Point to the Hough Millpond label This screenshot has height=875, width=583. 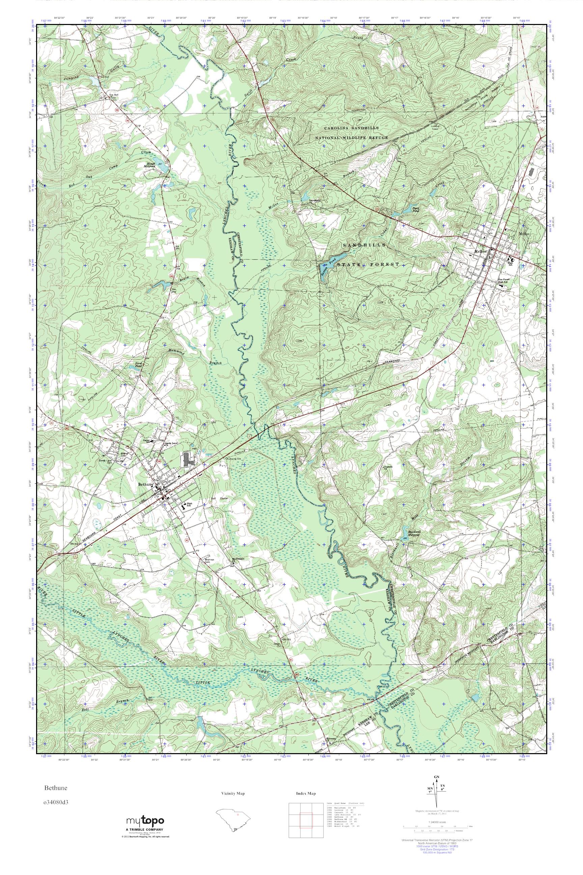click(150, 165)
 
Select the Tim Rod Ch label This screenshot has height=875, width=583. click(113, 96)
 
